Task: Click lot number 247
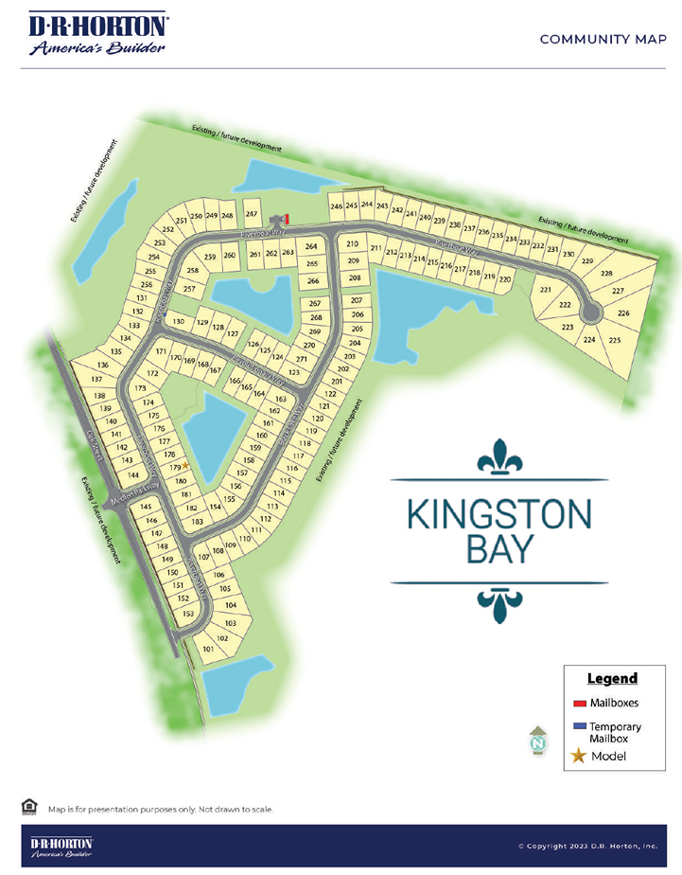point(252,215)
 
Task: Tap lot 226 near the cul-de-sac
point(623,312)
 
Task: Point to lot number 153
point(188,615)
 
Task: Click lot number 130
point(179,322)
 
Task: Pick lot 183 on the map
point(198,522)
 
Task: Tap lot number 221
point(545,290)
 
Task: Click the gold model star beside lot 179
point(186,465)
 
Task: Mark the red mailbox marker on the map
point(288,218)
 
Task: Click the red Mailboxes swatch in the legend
point(580,704)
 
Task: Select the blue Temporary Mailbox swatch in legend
point(580,725)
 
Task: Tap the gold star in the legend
point(579,756)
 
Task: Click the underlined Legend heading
point(612,679)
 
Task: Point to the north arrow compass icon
point(537,741)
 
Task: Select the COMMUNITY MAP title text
point(597,39)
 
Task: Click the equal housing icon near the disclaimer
point(29,806)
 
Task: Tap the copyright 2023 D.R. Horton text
point(586,846)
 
